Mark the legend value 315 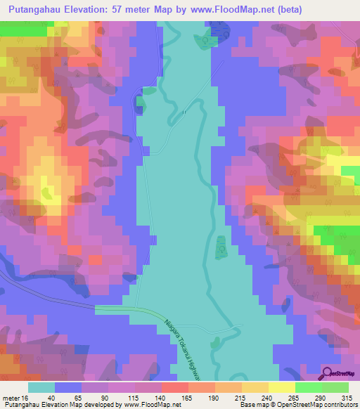pyautogui.click(x=345, y=397)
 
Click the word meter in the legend pyautogui.click(x=10, y=397)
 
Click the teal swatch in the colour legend pyautogui.click(x=41, y=387)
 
